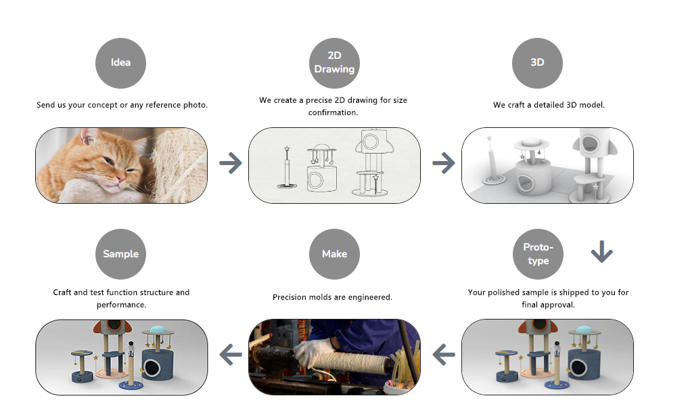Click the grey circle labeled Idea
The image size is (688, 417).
tap(120, 63)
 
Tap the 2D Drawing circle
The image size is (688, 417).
tap(334, 63)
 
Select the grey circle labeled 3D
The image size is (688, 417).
tap(538, 63)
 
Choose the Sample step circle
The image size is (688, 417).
tap(120, 254)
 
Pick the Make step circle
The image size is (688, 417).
tap(334, 254)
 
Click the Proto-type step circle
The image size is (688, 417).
tap(538, 254)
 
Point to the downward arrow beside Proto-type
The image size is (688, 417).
tap(601, 252)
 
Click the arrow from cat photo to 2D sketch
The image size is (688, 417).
tap(231, 163)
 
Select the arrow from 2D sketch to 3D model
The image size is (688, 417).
tap(444, 163)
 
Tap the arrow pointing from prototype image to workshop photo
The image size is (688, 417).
tap(444, 355)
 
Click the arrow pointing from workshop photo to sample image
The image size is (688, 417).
tap(231, 355)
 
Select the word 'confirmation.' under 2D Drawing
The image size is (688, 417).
tap(333, 112)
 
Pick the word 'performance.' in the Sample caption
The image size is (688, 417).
tap(121, 305)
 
